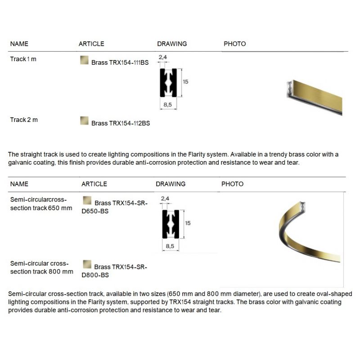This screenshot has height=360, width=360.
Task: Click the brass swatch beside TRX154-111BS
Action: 84,60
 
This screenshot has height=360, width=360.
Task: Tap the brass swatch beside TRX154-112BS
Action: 84,120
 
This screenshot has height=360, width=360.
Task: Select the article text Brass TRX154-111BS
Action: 120,63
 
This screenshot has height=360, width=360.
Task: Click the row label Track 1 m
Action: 23,59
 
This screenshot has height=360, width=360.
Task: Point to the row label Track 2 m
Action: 23,120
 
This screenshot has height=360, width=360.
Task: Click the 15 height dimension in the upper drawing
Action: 185,82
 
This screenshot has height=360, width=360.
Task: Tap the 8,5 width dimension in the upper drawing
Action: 167,104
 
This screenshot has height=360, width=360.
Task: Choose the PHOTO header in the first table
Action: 234,44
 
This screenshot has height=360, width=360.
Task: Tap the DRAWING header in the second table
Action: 171,184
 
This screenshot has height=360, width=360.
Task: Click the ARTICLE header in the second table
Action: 94,184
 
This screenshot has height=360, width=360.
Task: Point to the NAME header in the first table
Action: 19,44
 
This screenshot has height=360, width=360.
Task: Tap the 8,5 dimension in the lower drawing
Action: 170,246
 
